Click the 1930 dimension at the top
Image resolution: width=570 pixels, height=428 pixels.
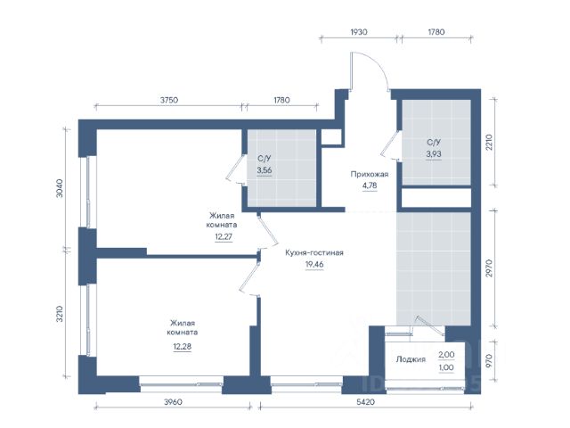coord(359,32)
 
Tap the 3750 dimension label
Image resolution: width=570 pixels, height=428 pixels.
coord(169,100)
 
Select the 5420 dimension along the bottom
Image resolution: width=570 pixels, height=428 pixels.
coord(365,402)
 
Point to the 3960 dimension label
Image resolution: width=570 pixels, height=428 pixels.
coord(173,402)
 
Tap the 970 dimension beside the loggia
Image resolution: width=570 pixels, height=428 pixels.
coord(489,360)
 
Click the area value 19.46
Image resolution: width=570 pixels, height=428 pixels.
coord(314,265)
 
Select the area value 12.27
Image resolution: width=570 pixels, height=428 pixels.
coord(224,237)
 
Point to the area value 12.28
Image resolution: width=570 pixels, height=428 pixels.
coord(182,347)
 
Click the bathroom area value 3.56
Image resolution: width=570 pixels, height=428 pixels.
coord(265,170)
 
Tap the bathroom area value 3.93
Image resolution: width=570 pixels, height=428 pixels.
coord(434,154)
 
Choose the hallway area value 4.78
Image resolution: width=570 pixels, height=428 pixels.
coord(370,185)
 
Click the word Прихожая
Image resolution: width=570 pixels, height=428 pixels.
coord(370,174)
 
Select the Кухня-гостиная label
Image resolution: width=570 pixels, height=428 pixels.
coord(314,252)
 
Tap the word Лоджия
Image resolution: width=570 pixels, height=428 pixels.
coord(411,359)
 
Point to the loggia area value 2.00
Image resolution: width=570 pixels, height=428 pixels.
coord(446,355)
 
